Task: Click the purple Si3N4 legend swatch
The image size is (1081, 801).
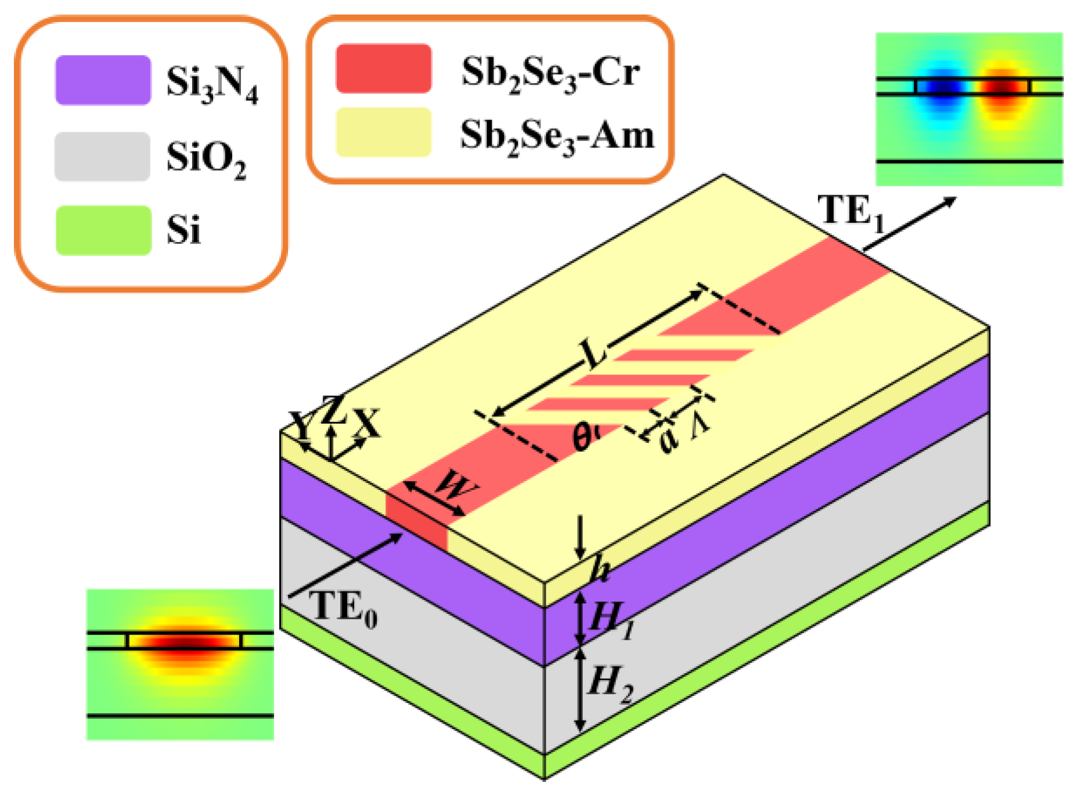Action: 103,80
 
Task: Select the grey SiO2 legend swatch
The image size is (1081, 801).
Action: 102,156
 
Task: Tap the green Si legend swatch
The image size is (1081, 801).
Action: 103,230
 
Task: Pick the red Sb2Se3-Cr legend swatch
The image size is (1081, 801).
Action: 383,68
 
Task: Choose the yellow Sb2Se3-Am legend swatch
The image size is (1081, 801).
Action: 383,132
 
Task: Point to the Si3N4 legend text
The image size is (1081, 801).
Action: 211,83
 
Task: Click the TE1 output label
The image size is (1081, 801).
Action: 851,212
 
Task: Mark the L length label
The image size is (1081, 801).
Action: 594,352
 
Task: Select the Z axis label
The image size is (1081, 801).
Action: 333,410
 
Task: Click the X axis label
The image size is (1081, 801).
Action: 367,422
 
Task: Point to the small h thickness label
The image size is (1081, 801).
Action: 599,571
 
